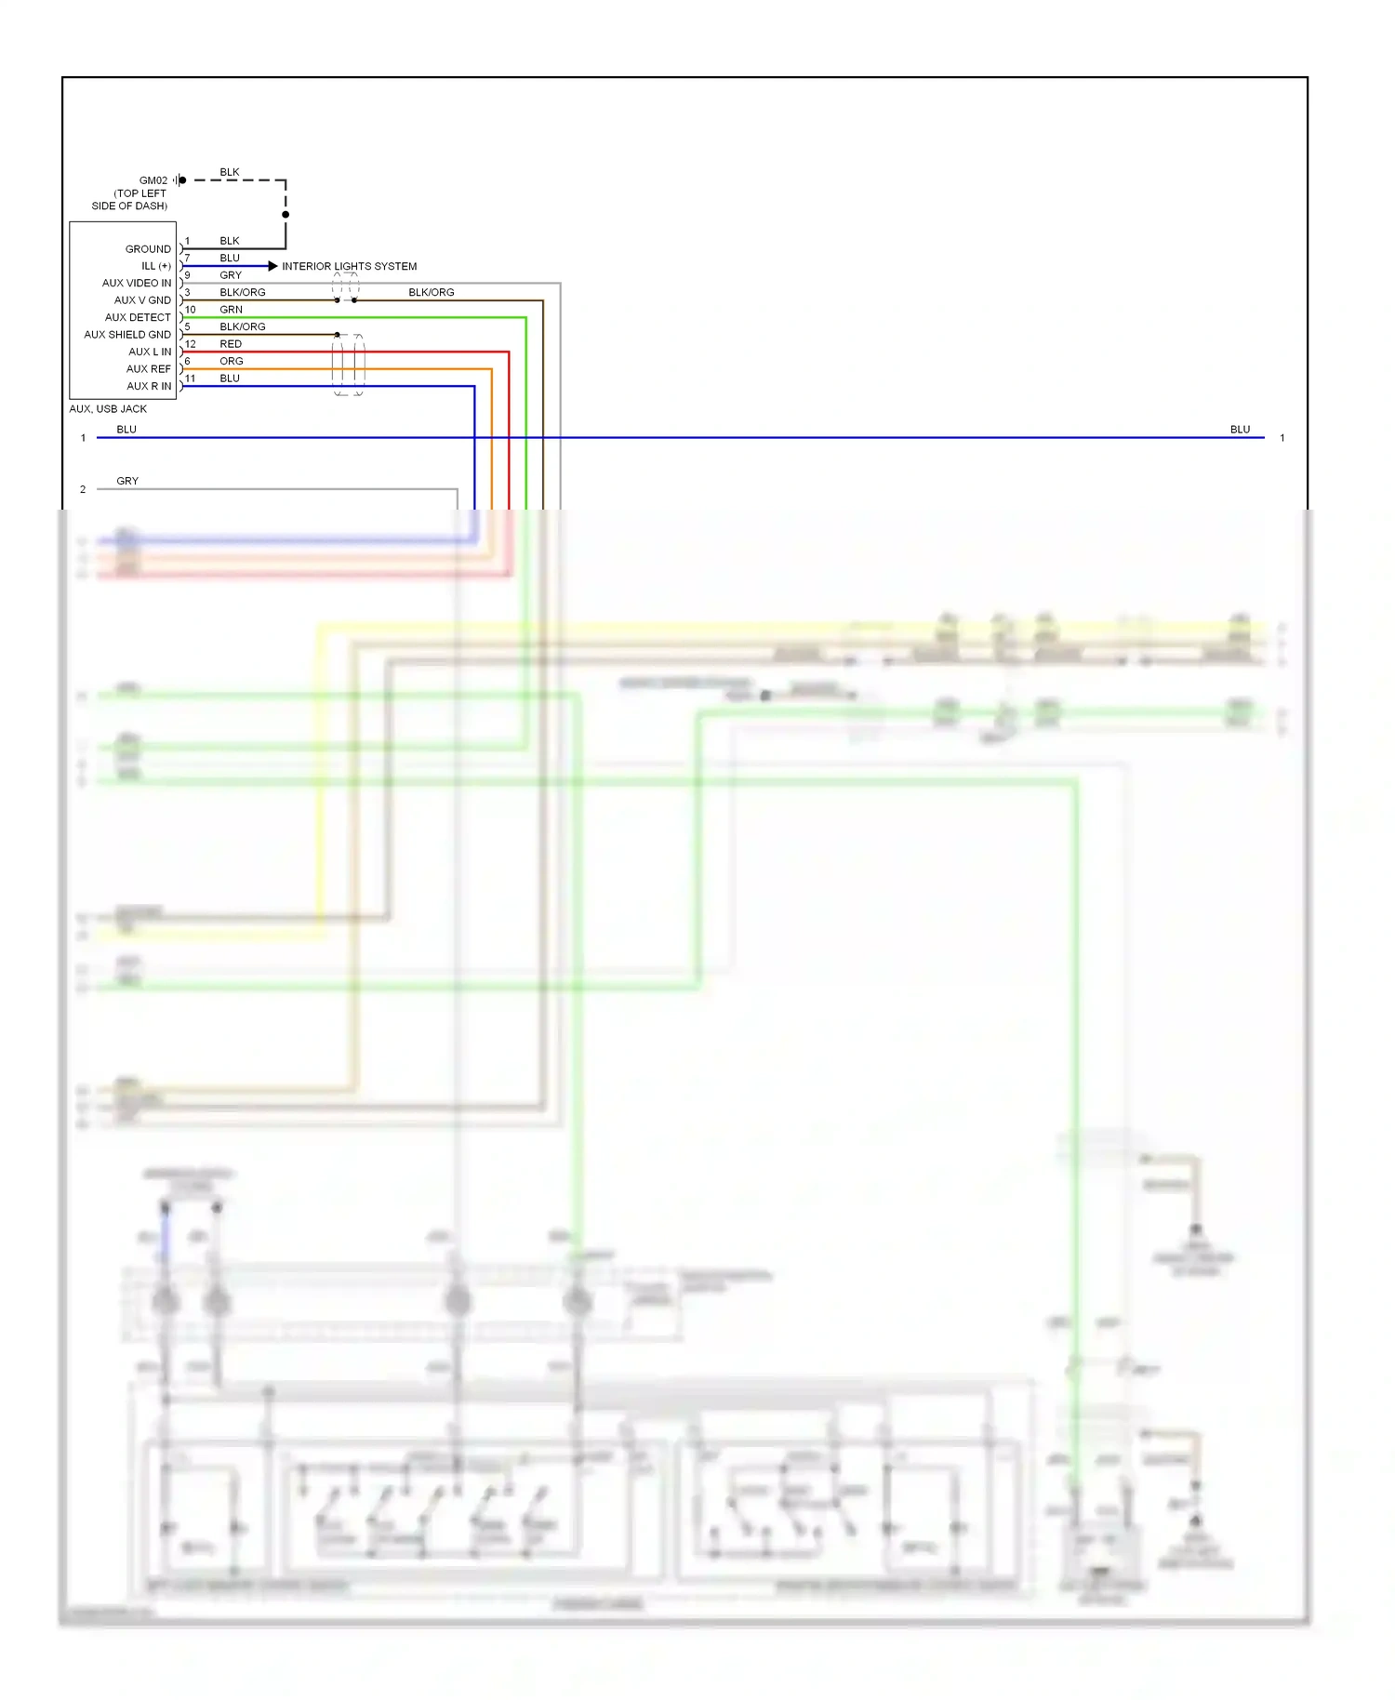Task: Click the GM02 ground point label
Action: coord(153,180)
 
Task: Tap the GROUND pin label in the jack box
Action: coord(148,249)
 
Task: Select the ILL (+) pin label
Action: coord(155,266)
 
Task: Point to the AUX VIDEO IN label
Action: coord(137,283)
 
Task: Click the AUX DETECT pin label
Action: coord(138,317)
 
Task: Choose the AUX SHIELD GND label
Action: coord(127,335)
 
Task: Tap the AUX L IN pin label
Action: coord(150,352)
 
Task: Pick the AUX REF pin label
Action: coord(149,369)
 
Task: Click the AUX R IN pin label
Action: coord(149,386)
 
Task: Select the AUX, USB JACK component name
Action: coord(108,409)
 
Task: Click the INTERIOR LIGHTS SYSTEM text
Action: coord(349,266)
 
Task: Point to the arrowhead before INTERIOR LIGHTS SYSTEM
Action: coord(272,266)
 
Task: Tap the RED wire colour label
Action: coord(231,344)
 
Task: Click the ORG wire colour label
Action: coord(232,361)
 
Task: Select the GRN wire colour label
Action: coord(231,310)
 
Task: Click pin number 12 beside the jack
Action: coord(190,344)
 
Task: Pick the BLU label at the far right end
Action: coord(1240,430)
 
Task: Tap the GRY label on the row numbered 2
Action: coord(127,481)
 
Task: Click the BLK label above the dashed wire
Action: coord(230,172)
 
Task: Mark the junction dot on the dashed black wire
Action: coord(286,215)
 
